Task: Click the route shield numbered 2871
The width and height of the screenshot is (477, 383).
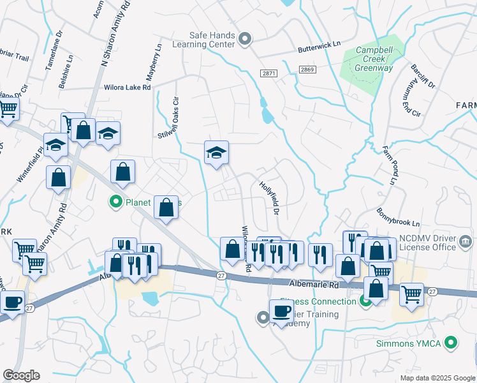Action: pyautogui.click(x=269, y=73)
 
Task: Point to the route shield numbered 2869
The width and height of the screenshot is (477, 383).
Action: pyautogui.click(x=308, y=70)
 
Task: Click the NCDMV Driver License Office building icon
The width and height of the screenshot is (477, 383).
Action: pyautogui.click(x=466, y=241)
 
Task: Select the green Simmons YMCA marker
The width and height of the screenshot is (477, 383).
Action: pyautogui.click(x=451, y=343)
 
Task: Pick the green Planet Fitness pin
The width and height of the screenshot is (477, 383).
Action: pyautogui.click(x=115, y=202)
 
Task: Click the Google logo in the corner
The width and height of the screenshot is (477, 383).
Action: pyautogui.click(x=21, y=375)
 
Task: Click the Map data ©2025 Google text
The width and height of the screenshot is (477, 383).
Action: pyautogui.click(x=437, y=378)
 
